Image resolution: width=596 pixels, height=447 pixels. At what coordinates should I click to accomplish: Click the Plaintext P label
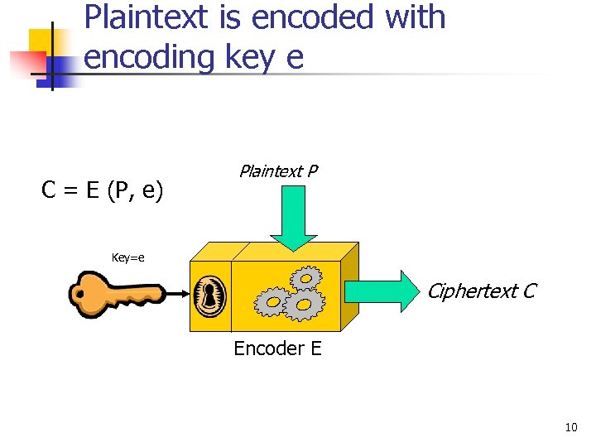click(278, 171)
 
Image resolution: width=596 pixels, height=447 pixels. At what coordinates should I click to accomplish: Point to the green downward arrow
click(295, 215)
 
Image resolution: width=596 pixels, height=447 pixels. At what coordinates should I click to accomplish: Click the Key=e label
click(128, 257)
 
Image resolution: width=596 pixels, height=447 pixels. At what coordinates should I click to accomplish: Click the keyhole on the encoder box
click(209, 294)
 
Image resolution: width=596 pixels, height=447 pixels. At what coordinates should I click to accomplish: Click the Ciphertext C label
click(481, 291)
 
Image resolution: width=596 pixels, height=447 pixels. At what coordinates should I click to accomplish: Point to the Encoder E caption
click(277, 348)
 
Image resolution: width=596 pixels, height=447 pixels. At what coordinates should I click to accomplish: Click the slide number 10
click(570, 428)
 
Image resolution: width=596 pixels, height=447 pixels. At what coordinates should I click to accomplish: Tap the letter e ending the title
click(295, 57)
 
